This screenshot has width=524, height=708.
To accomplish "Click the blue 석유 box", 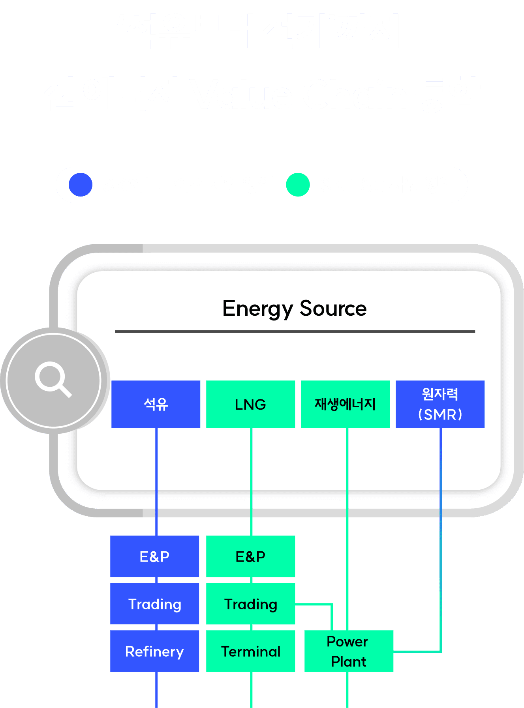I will [156, 404].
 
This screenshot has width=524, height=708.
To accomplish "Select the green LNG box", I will [250, 404].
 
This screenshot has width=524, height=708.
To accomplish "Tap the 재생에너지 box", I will [345, 404].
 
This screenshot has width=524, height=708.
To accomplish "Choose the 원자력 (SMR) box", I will [440, 404].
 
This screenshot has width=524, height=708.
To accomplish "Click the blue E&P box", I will [154, 556].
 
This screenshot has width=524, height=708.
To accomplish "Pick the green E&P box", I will [250, 556].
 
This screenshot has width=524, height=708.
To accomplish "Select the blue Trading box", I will [154, 604].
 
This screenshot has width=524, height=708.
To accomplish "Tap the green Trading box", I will [250, 604].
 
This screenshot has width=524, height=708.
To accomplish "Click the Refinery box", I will [154, 651].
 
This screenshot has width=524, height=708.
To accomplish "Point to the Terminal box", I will [250, 651].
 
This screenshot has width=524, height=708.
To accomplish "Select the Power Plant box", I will [349, 651].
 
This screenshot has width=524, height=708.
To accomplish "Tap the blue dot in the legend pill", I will [81, 185].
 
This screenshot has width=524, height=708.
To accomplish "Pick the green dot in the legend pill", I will [298, 185].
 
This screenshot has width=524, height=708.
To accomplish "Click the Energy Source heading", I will [294, 309].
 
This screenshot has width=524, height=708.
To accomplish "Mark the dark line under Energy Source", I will [295, 332].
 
